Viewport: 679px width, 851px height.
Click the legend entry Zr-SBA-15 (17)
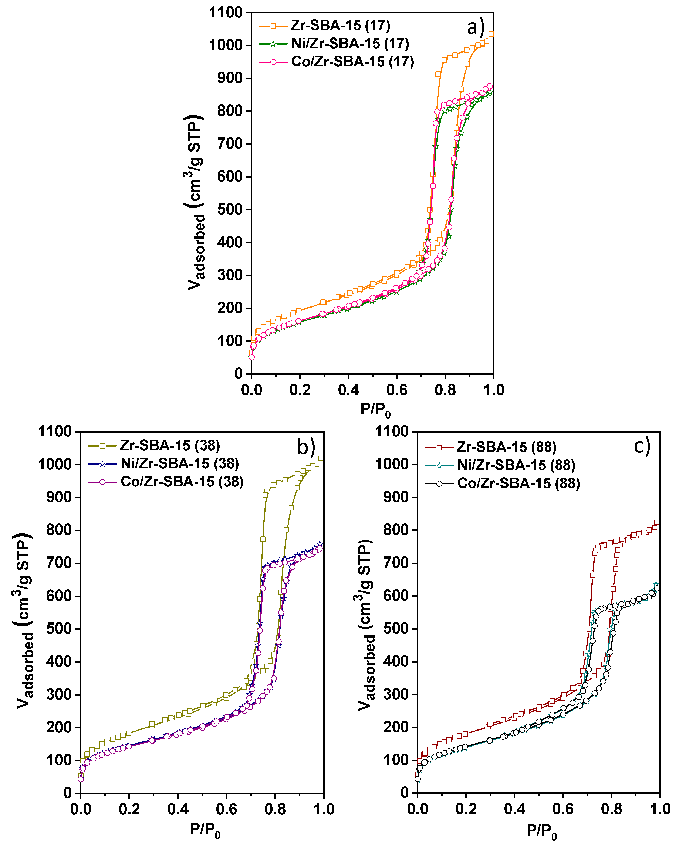(340, 26)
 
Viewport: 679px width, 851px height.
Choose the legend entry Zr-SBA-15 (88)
(506, 447)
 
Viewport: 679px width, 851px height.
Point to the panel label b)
(306, 446)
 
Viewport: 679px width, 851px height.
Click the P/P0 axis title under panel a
(375, 410)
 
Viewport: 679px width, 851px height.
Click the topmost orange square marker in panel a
(491, 34)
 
